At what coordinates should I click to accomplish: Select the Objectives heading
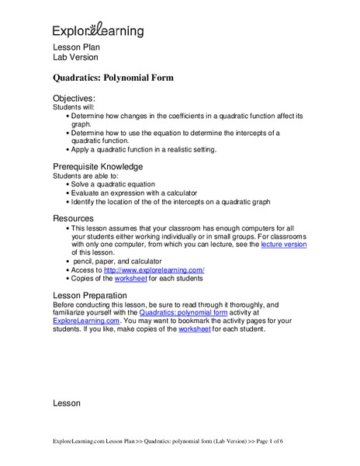pyautogui.click(x=74, y=99)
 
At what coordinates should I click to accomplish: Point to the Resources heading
pyautogui.click(x=73, y=218)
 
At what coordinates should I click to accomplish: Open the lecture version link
pyautogui.click(x=284, y=243)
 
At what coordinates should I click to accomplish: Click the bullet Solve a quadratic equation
pyautogui.click(x=119, y=184)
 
